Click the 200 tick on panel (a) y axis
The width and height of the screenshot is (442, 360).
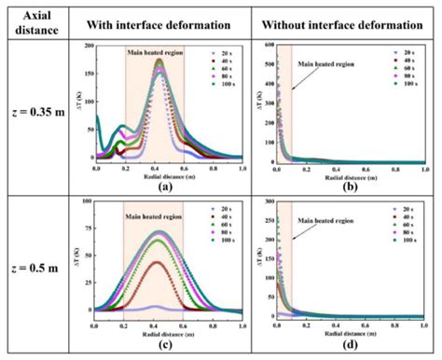(88, 46)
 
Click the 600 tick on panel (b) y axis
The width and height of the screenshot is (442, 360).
(267, 45)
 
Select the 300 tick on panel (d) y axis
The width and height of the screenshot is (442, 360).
(267, 201)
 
